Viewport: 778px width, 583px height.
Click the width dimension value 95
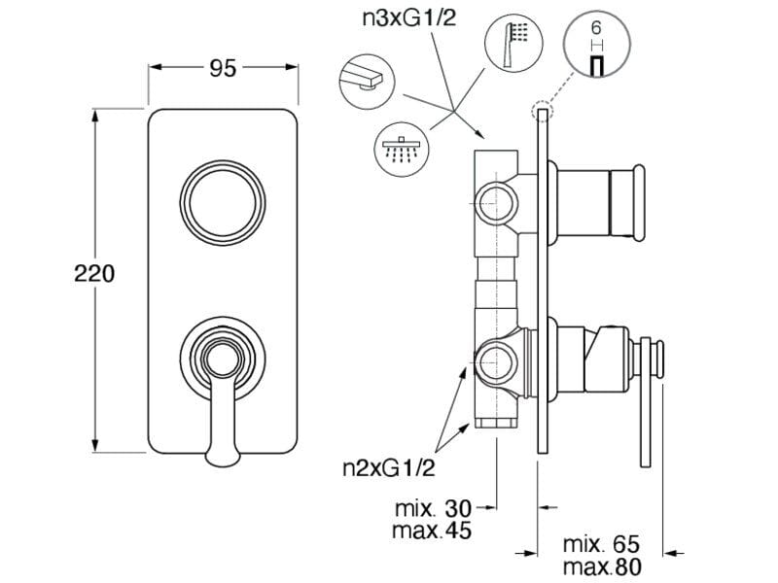tap(223, 69)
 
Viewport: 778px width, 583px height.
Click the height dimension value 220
tap(95, 274)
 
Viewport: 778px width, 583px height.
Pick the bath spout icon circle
tap(367, 80)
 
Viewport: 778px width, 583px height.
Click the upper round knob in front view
tap(223, 195)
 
